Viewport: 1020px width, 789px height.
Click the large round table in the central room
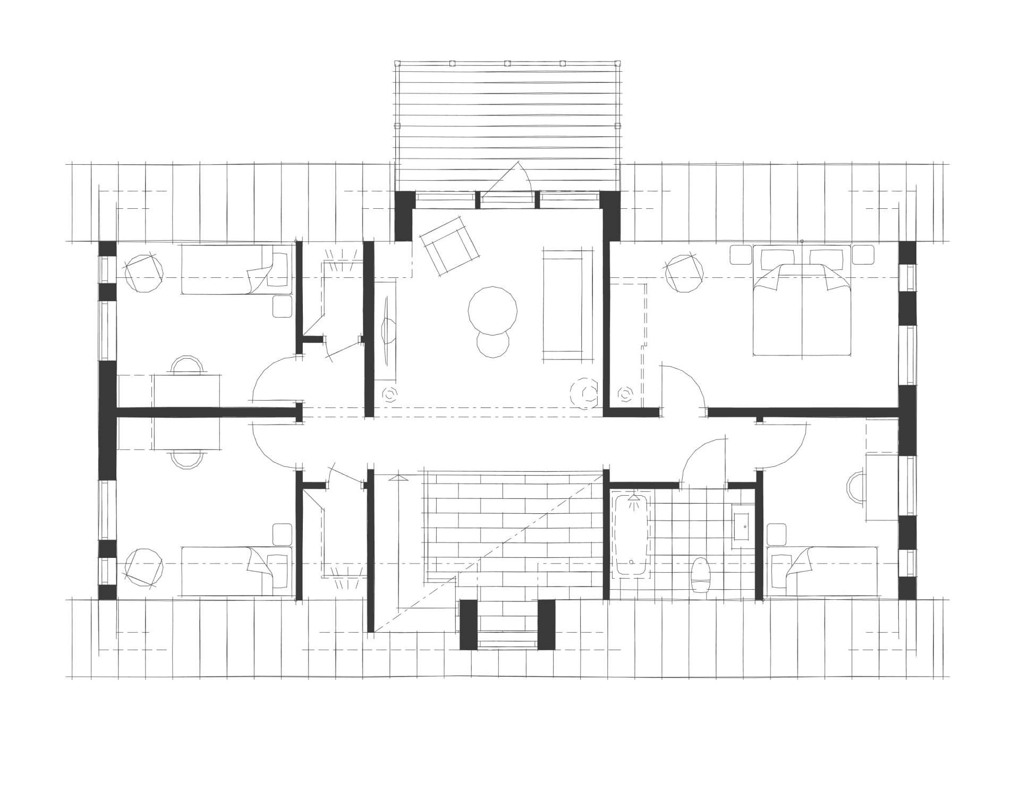pyautogui.click(x=492, y=311)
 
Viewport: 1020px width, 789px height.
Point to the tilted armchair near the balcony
pyautogui.click(x=449, y=247)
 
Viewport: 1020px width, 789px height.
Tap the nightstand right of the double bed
pyautogui.click(x=863, y=254)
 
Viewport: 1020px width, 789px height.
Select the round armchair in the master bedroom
pyautogui.click(x=685, y=273)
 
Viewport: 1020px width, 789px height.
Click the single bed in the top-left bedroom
pyautogui.click(x=236, y=269)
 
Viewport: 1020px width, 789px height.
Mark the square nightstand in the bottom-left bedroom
pyautogui.click(x=283, y=535)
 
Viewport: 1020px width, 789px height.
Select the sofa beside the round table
pyautogui.click(x=568, y=306)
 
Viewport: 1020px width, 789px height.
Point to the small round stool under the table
pyautogui.click(x=493, y=344)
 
